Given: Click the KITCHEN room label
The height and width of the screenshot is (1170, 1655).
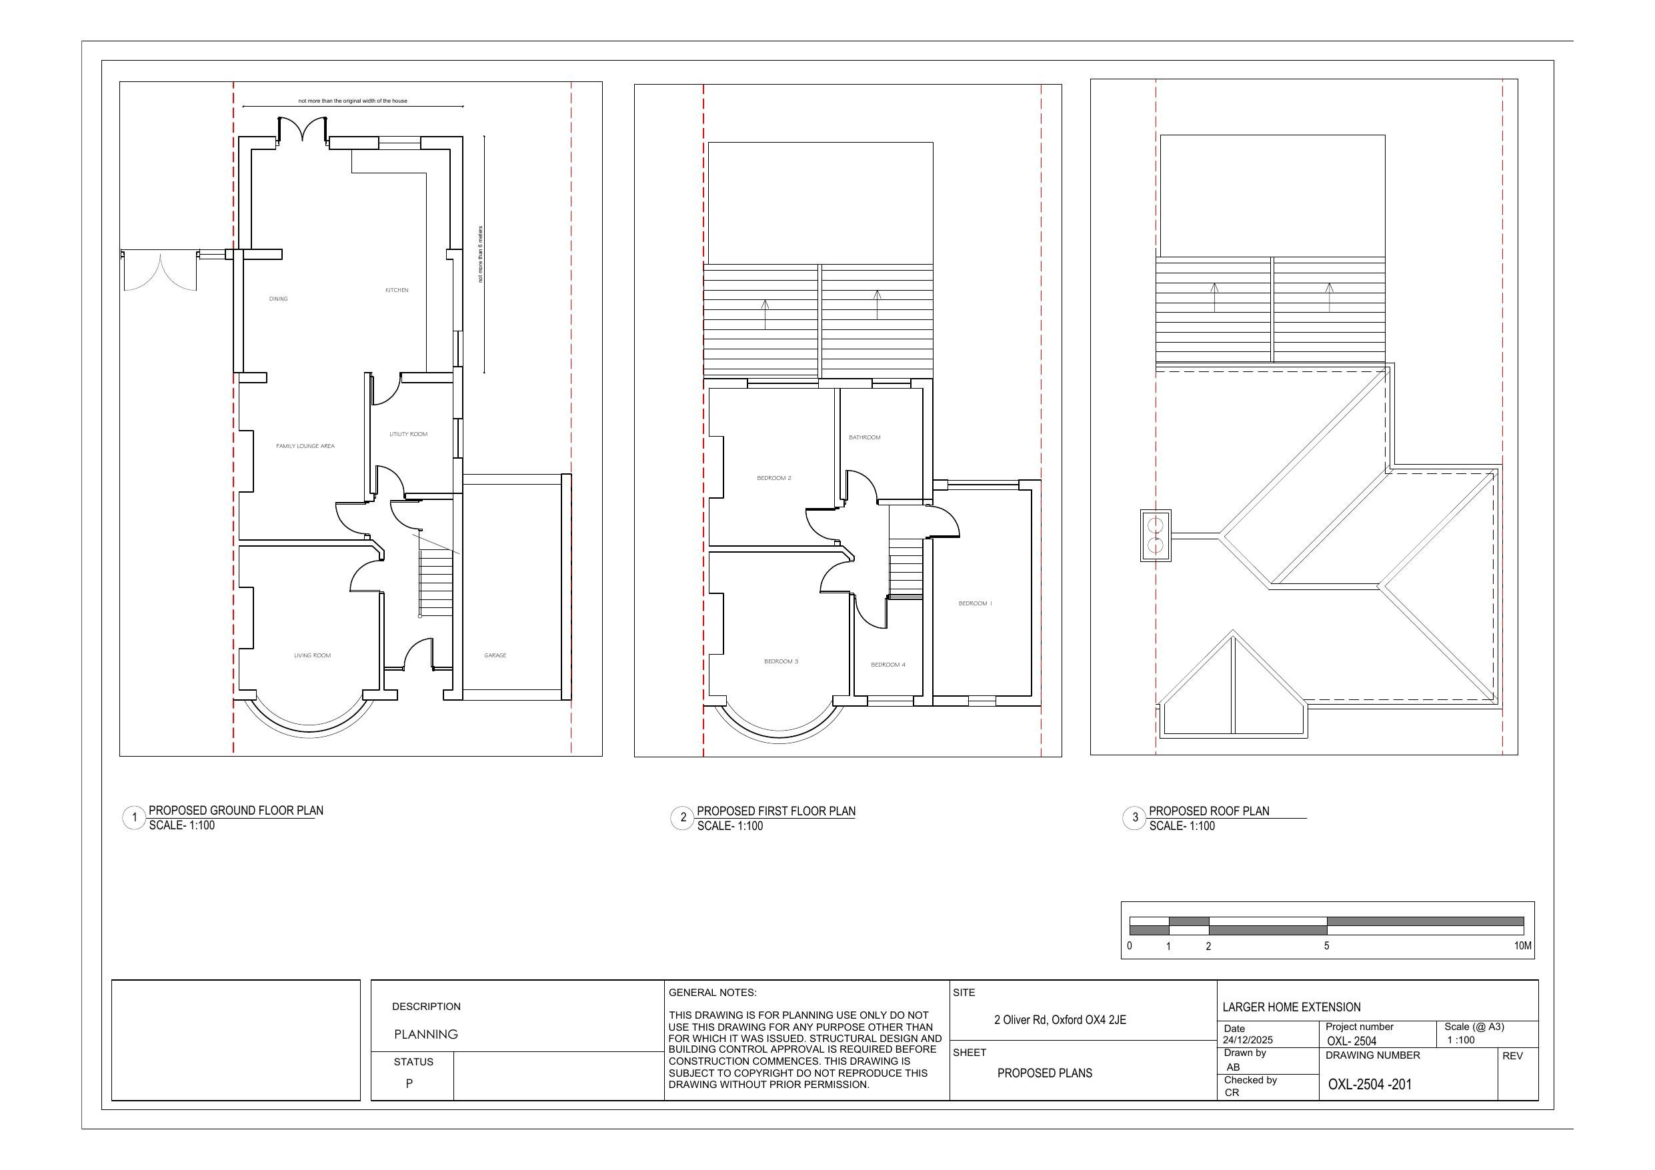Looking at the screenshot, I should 397,290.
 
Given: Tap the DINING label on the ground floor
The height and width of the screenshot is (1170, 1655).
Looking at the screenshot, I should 278,299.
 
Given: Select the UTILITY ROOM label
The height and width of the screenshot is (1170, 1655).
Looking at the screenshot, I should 408,434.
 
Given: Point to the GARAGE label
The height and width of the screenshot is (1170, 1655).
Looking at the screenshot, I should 495,655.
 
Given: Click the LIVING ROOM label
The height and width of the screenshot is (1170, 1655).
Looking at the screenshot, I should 312,655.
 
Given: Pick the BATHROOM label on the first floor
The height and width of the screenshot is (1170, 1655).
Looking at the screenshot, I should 864,437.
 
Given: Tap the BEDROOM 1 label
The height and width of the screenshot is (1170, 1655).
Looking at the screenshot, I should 976,603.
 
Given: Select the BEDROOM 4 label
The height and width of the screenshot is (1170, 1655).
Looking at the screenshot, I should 888,665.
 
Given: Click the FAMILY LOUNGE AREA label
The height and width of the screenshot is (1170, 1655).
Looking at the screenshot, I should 305,446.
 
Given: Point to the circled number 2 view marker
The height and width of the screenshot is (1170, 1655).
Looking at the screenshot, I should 683,817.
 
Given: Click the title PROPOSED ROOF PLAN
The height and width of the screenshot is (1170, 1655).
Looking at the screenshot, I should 1209,811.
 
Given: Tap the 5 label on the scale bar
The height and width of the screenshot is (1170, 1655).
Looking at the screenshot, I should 1326,946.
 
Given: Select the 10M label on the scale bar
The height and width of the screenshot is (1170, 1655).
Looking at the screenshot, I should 1522,946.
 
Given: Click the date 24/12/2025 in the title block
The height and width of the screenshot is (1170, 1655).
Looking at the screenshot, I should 1248,1040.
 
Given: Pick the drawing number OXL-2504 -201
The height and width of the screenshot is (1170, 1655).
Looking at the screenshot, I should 1370,1084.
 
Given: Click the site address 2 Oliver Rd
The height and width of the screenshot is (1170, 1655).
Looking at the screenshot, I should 1060,1020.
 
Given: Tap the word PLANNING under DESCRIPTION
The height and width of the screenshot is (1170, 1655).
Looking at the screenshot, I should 426,1035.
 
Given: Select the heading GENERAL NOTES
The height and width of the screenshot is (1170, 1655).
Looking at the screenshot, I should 712,993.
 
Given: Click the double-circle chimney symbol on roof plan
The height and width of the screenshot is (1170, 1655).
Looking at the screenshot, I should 1156,535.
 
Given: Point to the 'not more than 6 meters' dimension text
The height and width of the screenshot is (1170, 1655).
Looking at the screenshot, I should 481,254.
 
